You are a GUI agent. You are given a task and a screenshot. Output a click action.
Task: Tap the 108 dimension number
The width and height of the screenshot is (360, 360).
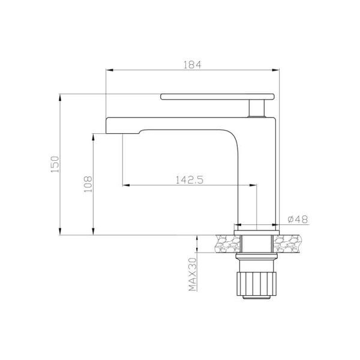(x=87, y=183)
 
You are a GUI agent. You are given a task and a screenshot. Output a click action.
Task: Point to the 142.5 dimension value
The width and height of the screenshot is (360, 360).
(x=190, y=179)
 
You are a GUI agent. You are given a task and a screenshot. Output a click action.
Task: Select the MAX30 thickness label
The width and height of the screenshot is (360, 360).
(x=193, y=274)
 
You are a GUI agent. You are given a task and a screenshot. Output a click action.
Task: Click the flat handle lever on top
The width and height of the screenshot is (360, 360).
(x=217, y=96)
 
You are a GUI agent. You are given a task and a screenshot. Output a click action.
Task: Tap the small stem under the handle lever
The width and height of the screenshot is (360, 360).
(x=257, y=108)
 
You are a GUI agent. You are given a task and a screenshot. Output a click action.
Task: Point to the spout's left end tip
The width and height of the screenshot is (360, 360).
(x=109, y=125)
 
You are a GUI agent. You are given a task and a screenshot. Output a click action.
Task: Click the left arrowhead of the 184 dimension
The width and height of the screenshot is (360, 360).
(x=109, y=71)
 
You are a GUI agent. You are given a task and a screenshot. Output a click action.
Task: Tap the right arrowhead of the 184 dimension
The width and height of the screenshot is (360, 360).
(x=277, y=71)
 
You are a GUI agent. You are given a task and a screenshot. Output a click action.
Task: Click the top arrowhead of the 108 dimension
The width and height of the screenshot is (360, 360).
(x=94, y=137)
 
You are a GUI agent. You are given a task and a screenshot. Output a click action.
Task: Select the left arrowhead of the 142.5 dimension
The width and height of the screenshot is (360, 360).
(x=125, y=185)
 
